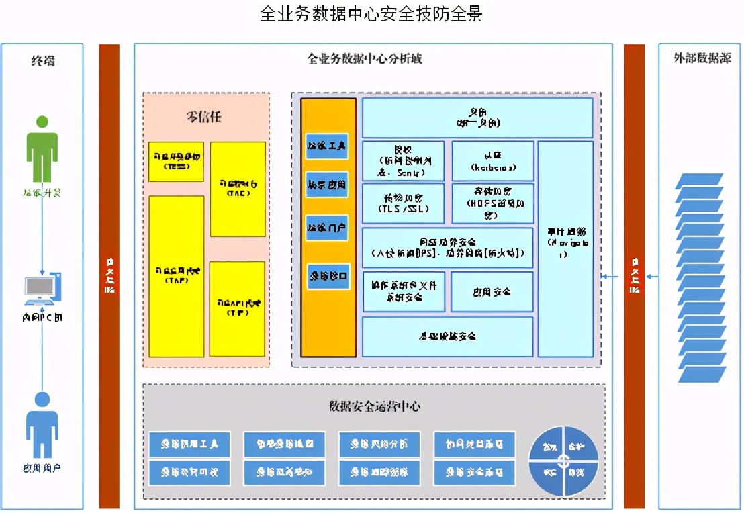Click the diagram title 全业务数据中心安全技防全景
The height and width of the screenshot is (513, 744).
click(x=371, y=14)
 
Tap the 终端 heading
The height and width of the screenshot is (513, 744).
click(x=43, y=61)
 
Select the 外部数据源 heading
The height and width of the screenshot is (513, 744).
click(x=702, y=58)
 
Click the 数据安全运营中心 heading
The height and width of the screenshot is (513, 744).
click(x=375, y=406)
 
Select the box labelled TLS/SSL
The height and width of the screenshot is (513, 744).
click(x=403, y=203)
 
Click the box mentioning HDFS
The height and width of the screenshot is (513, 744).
click(x=492, y=203)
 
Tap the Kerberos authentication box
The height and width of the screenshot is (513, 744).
click(x=492, y=161)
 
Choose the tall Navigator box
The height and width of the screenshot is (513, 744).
click(x=565, y=248)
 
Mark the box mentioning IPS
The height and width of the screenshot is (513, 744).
click(x=447, y=247)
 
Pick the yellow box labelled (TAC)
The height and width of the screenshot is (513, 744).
click(x=238, y=189)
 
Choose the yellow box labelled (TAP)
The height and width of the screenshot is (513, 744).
click(x=176, y=276)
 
